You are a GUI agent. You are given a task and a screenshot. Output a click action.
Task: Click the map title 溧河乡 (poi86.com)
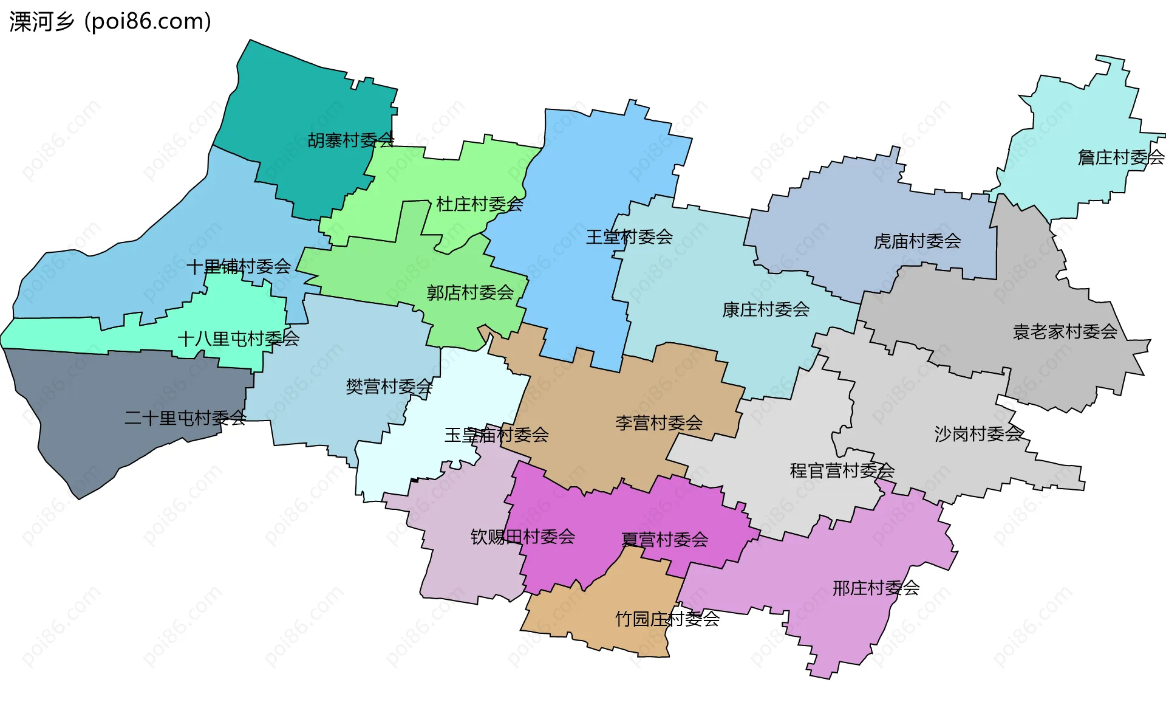(110, 22)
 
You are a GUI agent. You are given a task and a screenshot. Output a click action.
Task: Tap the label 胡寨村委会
(351, 140)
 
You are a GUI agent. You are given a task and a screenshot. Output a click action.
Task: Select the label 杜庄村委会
(480, 204)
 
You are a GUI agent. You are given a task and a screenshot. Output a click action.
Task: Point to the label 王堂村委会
(629, 237)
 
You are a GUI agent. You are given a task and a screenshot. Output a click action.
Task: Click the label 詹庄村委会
(1121, 157)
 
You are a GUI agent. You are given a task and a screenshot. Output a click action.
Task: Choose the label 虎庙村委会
(917, 241)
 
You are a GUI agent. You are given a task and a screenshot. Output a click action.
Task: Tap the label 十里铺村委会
(239, 266)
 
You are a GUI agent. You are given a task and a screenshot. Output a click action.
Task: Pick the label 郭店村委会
(470, 293)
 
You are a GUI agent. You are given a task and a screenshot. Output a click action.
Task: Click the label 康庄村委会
(766, 310)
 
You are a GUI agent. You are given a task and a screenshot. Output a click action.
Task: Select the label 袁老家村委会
(1065, 332)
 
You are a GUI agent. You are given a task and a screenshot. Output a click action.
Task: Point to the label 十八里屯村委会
(239, 339)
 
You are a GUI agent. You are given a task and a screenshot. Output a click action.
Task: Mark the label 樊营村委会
(389, 387)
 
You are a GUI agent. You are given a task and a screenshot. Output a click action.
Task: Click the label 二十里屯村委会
(185, 418)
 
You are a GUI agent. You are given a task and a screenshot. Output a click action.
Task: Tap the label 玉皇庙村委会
(497, 435)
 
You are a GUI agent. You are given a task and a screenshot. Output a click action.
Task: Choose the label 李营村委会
(659, 423)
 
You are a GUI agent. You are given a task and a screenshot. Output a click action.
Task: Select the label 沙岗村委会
(978, 434)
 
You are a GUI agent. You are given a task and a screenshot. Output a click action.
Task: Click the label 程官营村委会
(842, 470)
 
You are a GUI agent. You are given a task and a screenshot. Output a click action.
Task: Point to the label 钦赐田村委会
(523, 537)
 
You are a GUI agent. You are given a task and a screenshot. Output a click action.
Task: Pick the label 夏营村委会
(665, 540)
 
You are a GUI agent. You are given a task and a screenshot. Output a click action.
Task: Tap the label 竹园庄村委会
(667, 619)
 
